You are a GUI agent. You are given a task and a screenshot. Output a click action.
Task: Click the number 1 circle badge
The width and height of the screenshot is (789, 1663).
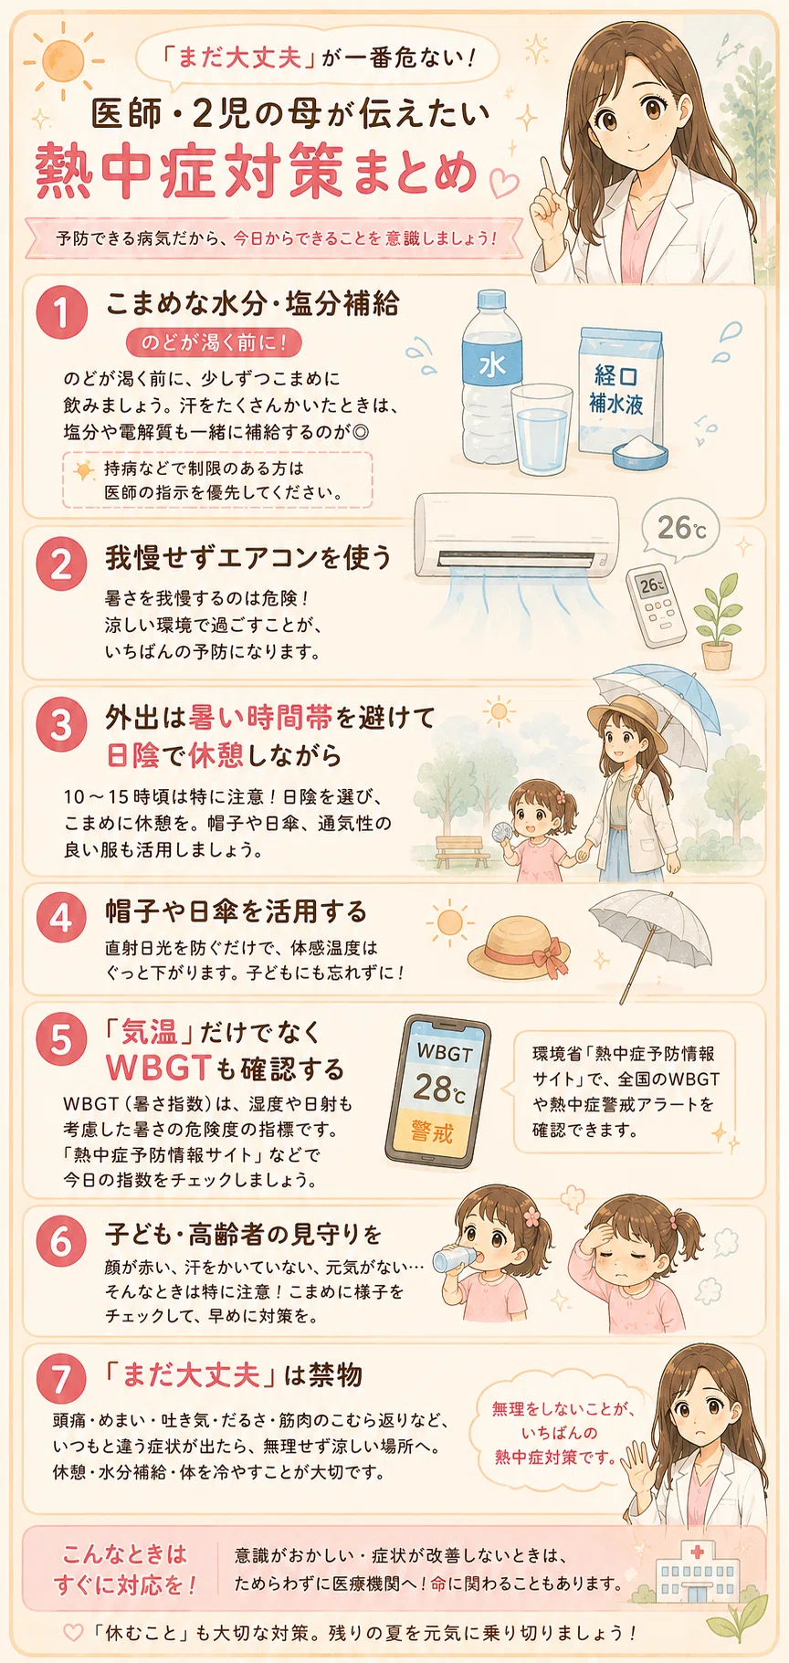[x=61, y=312]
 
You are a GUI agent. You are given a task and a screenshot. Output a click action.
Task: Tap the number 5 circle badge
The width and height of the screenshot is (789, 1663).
[x=61, y=1038]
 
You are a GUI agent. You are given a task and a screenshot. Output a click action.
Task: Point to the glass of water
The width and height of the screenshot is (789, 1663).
[x=541, y=428]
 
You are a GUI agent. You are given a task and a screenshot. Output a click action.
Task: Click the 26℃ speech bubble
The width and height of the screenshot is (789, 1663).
[x=681, y=529]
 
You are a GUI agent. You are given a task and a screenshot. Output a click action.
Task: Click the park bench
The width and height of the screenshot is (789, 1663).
[x=462, y=852]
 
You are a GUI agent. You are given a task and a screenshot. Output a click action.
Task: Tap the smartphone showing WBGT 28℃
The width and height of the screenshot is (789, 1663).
[x=438, y=1093]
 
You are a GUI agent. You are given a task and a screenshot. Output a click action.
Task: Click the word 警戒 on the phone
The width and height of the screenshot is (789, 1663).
[x=432, y=1132]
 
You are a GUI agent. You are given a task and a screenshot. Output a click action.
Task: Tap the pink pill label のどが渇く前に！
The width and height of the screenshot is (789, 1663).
[x=214, y=342]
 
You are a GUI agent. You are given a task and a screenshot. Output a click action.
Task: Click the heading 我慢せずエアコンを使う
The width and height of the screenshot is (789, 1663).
[x=248, y=557]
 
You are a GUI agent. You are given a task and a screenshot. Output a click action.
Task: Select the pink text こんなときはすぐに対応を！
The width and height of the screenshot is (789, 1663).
[x=125, y=1570]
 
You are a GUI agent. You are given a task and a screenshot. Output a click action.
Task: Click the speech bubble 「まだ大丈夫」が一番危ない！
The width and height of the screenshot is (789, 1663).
[x=318, y=57]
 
